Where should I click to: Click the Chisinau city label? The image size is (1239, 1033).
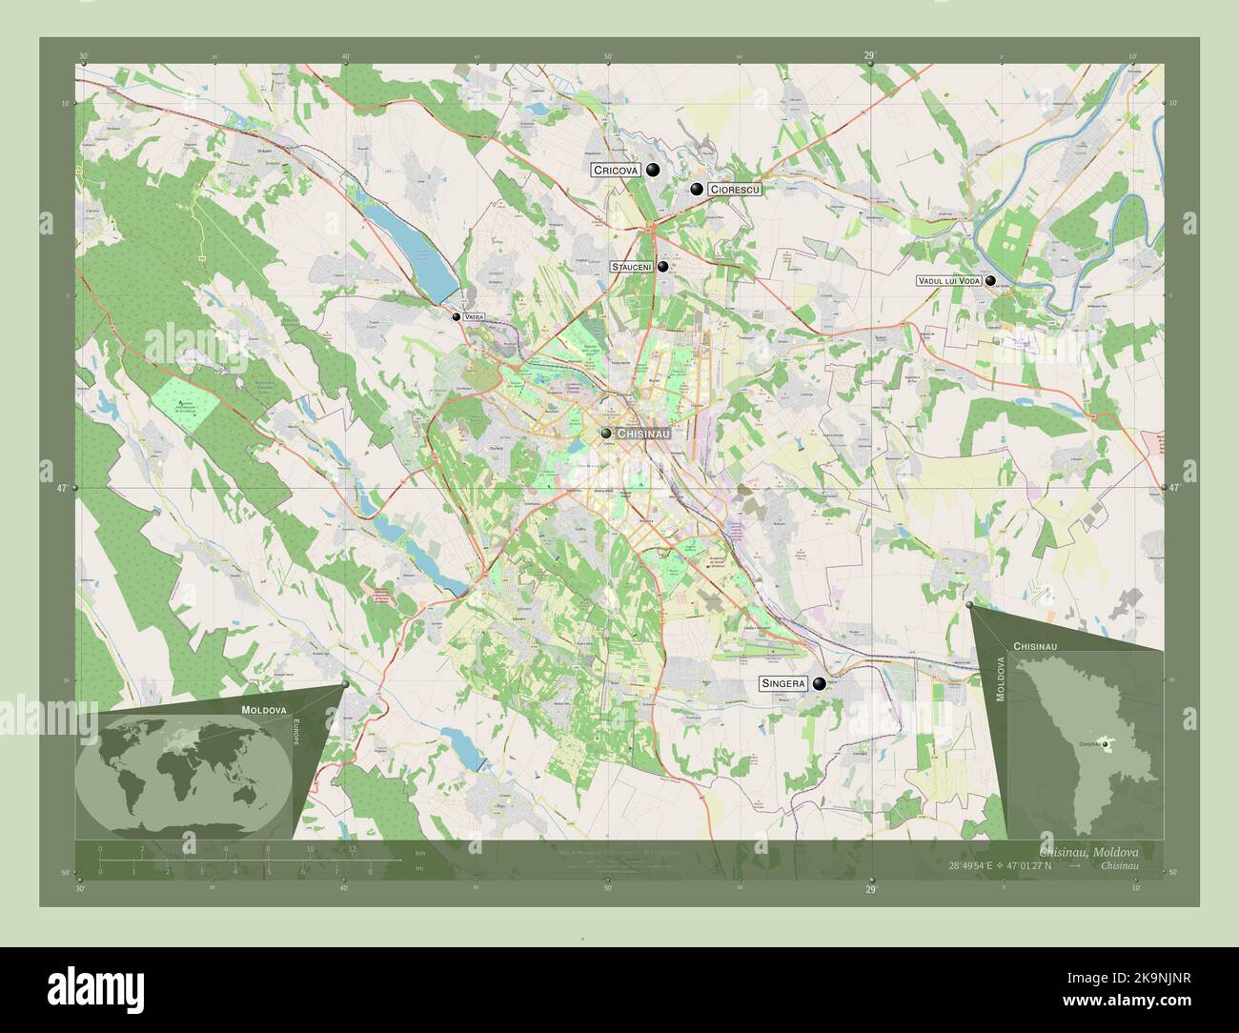click(645, 434)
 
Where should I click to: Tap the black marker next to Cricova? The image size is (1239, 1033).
click(653, 171)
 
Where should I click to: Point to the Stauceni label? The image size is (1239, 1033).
click(631, 268)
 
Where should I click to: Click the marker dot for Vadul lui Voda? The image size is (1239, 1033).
click(991, 281)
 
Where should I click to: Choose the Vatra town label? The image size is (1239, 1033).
click(475, 316)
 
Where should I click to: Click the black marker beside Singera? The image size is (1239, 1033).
click(819, 683)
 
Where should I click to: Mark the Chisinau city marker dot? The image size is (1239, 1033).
click(606, 434)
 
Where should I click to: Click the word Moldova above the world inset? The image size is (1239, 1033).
click(264, 711)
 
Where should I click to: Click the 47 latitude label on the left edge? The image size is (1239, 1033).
click(61, 488)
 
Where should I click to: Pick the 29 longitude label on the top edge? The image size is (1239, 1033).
click(869, 56)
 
